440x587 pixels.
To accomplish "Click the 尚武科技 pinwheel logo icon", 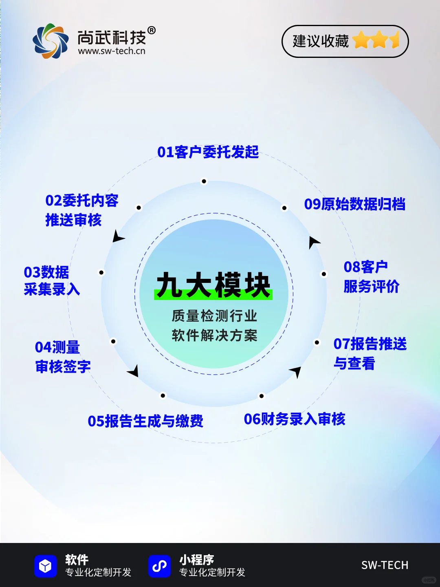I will (51, 41).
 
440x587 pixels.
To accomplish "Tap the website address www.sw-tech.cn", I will (112, 51).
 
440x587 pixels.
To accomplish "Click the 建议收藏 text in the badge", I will (321, 41).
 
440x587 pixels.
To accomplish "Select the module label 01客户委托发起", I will (208, 152).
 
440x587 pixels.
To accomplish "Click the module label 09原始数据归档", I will (354, 204).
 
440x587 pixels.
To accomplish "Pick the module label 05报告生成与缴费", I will (145, 421).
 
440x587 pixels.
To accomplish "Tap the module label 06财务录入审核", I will (295, 419).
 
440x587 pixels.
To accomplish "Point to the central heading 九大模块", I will (213, 285).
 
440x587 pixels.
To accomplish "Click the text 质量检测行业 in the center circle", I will (214, 316).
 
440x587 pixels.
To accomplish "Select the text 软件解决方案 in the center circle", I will (214, 335).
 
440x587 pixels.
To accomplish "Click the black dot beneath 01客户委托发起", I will (204, 181).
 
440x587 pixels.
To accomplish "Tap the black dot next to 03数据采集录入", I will (101, 272).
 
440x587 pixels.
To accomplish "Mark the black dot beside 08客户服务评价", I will (324, 274).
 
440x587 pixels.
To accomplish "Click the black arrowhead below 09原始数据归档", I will (313, 242).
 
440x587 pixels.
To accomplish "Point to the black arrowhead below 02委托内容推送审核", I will (118, 237).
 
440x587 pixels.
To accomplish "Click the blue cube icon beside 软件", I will (45, 566).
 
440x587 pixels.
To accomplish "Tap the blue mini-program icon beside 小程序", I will (159, 566).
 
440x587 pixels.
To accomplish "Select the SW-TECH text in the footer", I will (385, 565).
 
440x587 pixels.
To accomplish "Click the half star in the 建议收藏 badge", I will (395, 41).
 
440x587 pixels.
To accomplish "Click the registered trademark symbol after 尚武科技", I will (151, 31).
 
